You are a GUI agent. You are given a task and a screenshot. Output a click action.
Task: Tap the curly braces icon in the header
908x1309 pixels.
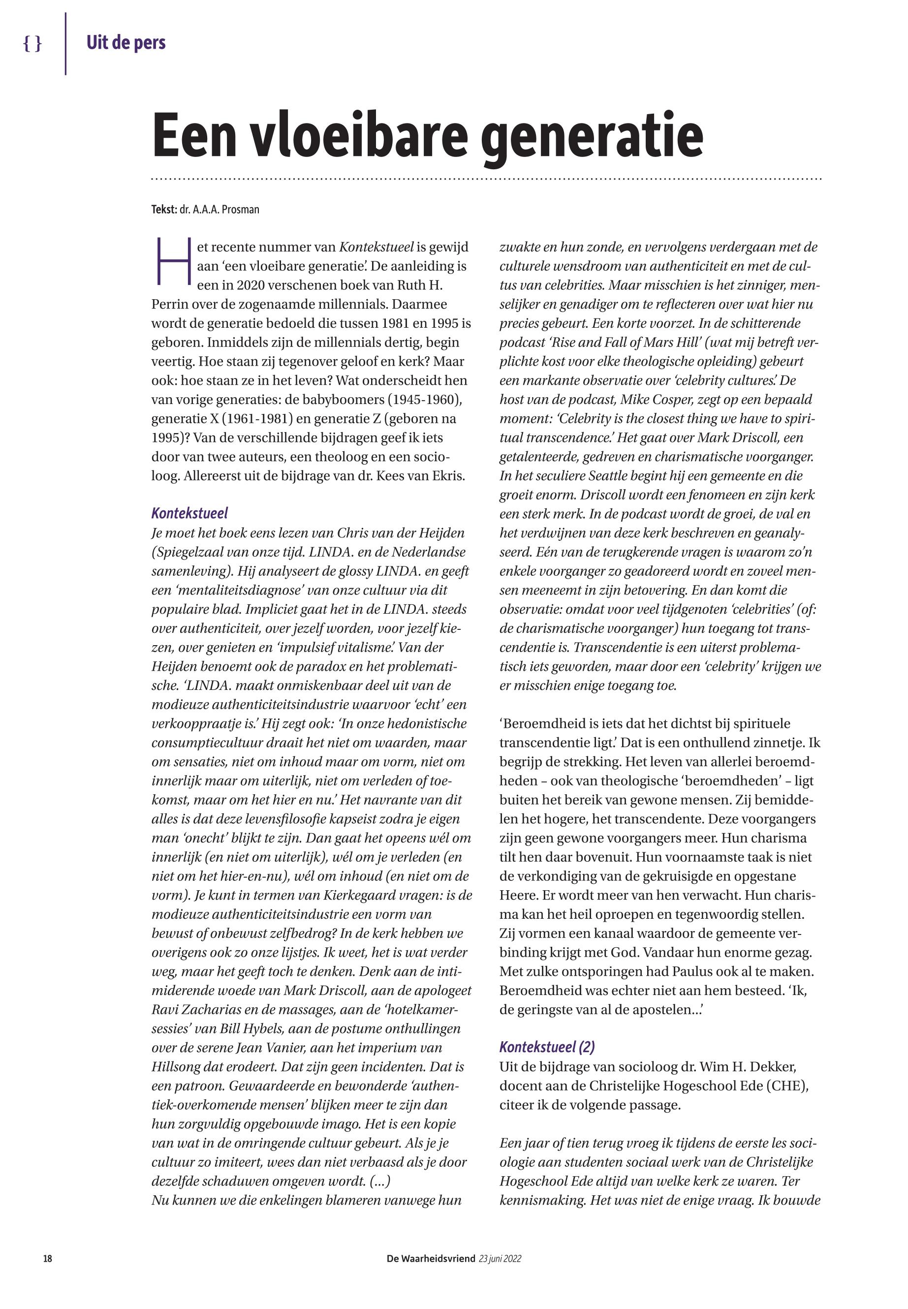32,43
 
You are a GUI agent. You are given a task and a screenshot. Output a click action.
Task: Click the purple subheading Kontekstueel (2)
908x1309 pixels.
547,1047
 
